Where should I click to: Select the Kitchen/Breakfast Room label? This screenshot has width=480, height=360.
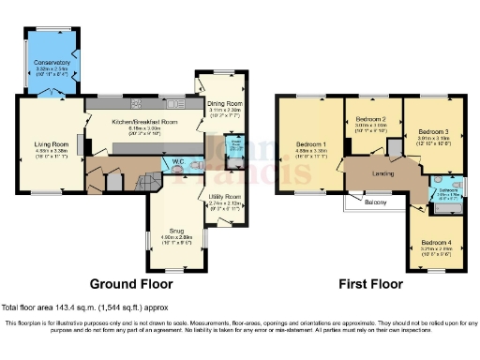(144, 122)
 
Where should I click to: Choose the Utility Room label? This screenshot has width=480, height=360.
(225, 197)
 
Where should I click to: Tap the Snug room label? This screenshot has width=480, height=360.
(175, 229)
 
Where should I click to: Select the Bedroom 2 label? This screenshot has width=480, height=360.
(371, 120)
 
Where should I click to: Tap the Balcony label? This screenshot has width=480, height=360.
(375, 202)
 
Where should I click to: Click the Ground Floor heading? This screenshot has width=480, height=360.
(132, 282)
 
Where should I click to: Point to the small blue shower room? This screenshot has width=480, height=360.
(236, 148)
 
